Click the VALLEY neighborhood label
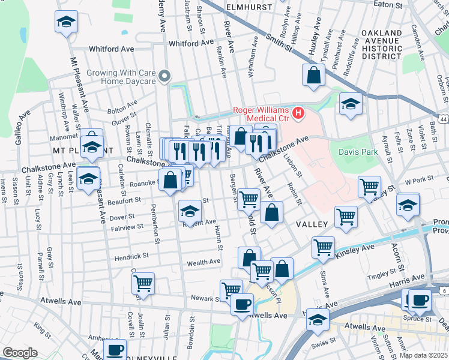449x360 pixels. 312,224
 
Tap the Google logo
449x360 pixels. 20,353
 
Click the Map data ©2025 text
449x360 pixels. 424,355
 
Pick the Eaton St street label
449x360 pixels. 388,4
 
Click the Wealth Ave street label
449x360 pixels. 204,262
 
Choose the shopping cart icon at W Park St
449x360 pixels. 369,186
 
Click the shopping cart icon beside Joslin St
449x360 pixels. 143,283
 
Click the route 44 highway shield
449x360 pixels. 443,120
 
